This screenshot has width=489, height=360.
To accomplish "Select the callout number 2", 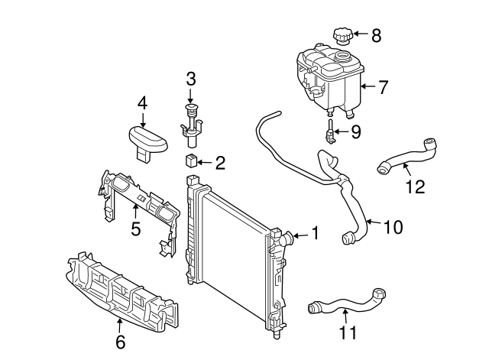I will (220, 162).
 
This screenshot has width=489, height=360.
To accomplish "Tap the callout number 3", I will (191, 78).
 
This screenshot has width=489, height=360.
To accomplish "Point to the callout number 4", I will (142, 102).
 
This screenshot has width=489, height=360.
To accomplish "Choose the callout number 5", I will (135, 228).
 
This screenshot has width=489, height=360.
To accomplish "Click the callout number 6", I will (120, 342).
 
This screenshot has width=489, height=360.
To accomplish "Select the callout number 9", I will (356, 132).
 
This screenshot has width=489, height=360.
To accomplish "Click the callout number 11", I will (348, 332).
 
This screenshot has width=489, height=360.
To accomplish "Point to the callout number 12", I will (415, 186).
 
